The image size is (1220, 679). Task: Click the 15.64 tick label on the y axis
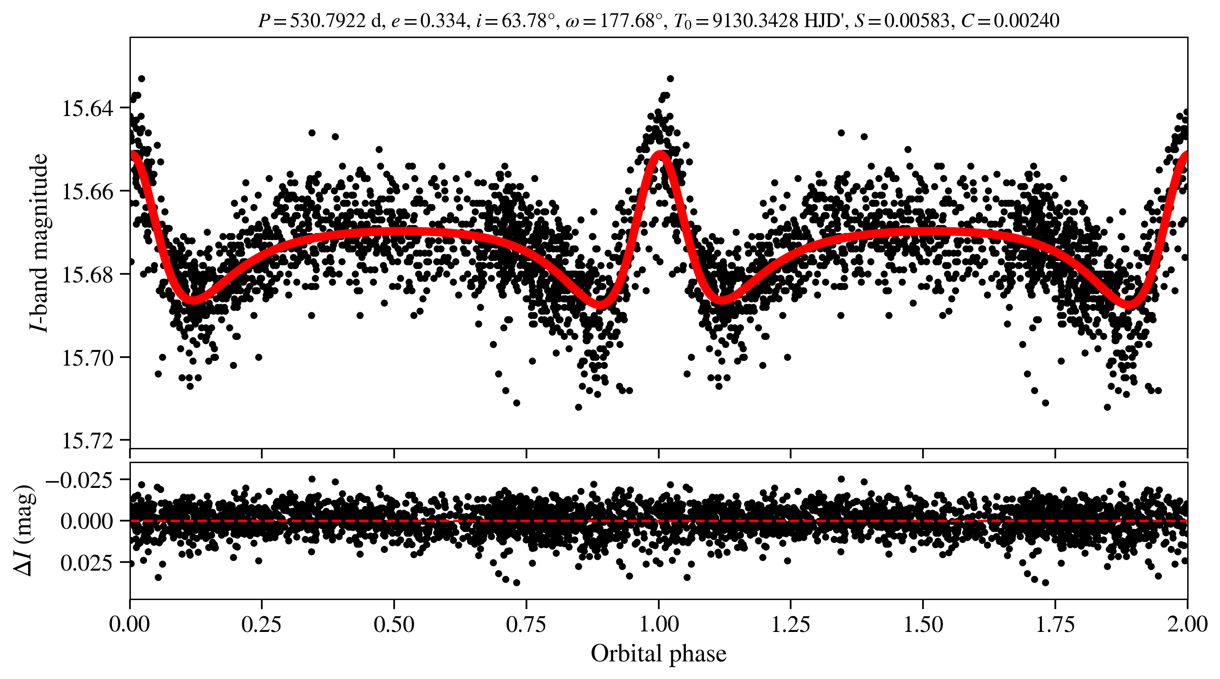[88, 108]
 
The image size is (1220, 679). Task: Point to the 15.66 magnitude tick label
[88, 192]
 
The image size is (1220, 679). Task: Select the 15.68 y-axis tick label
[88, 275]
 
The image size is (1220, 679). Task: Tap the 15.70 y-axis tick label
[88, 358]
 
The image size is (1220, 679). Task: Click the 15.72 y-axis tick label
[88, 441]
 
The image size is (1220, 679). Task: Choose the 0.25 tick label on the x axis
[261, 624]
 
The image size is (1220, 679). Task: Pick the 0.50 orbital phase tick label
[394, 624]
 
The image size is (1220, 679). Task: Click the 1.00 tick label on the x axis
[658, 624]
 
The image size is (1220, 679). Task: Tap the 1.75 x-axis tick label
[1055, 624]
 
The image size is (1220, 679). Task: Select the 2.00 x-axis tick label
[1187, 624]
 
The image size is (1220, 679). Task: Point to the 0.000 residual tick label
[87, 521]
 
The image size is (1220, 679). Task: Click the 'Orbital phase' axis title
[658, 654]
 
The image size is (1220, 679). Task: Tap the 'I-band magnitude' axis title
[39, 242]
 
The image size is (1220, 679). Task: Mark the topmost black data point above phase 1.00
[670, 78]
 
